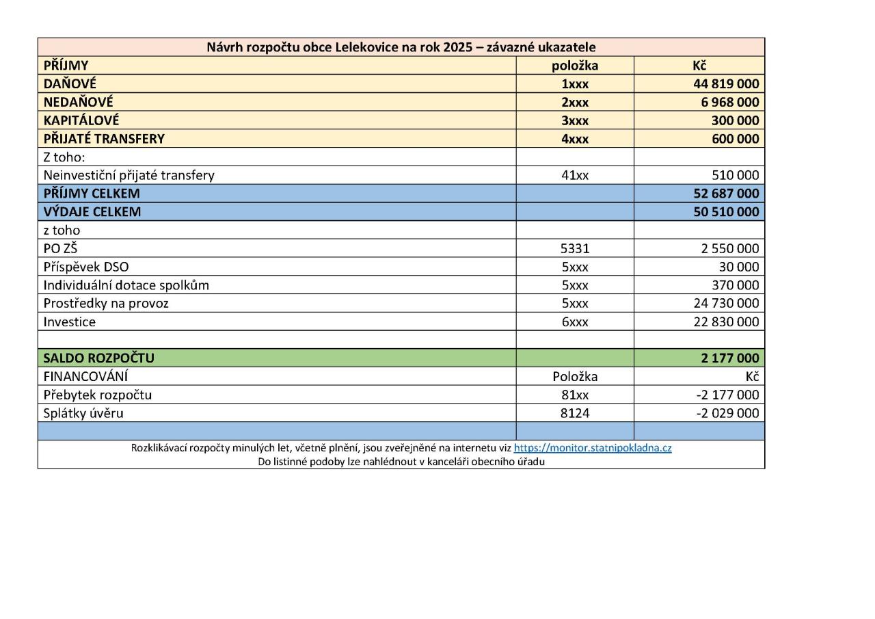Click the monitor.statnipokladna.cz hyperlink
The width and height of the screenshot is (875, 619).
[x=593, y=449]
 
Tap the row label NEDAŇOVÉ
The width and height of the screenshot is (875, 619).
[x=79, y=102]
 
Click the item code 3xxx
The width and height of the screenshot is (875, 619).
[x=575, y=120]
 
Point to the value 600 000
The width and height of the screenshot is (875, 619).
[x=736, y=139]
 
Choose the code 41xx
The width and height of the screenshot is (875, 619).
[x=575, y=175]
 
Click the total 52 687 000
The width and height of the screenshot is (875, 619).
[x=726, y=194]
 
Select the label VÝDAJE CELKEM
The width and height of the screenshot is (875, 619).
[x=92, y=212]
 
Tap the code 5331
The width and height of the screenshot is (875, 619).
[x=575, y=248]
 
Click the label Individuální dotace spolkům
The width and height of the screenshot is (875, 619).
[x=126, y=285]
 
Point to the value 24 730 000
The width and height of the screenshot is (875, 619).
[x=726, y=303]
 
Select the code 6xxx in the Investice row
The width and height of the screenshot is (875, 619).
[x=575, y=321]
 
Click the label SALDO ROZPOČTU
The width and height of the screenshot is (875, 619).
[x=99, y=358]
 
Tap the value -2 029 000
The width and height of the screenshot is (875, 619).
[x=727, y=413]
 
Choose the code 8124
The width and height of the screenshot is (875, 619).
[x=575, y=413]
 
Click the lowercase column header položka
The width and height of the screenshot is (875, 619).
[x=575, y=66]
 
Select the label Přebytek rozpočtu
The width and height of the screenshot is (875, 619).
[x=98, y=395]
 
